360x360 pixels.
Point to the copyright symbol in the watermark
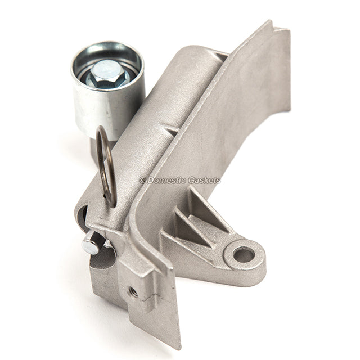(x=142, y=180)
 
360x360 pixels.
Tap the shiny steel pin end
(x=89, y=246)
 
